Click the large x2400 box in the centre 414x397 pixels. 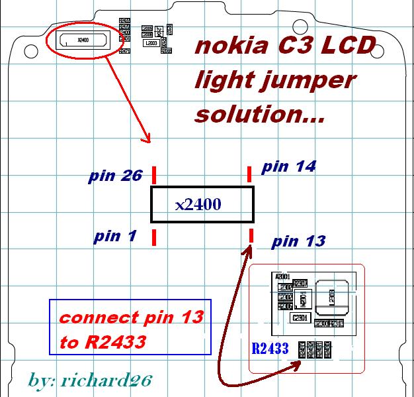click(x=202, y=204)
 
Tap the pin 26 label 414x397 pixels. click(x=115, y=176)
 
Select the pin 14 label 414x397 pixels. click(x=288, y=166)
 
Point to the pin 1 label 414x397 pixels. click(x=116, y=236)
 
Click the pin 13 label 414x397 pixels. click(x=298, y=241)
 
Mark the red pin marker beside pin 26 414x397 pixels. click(x=154, y=175)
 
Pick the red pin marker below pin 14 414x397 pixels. click(x=249, y=174)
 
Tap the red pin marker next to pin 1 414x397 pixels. click(x=154, y=237)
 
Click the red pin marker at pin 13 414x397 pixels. click(x=252, y=235)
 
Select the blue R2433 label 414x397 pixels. click(x=270, y=348)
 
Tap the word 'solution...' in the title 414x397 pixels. click(x=260, y=114)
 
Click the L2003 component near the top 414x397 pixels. click(x=150, y=42)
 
